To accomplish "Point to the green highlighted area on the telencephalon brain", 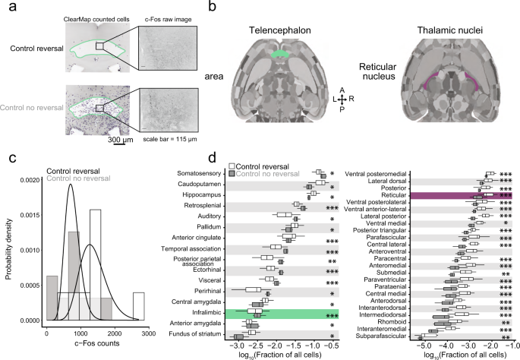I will click(x=282, y=55).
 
